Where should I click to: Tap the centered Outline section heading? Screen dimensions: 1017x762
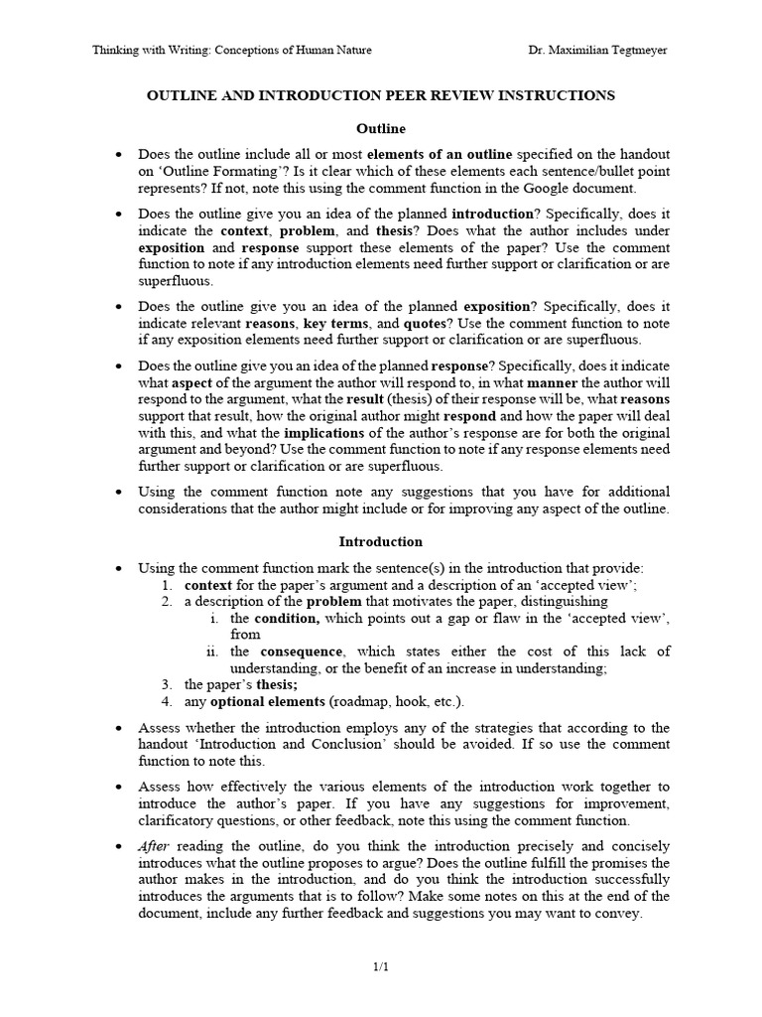tap(381, 129)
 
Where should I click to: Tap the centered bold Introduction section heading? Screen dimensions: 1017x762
tap(381, 542)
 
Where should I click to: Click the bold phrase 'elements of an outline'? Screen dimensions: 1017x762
tap(440, 155)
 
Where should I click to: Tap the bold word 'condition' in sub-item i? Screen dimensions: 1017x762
tap(290, 619)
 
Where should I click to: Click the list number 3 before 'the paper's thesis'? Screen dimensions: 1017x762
tap(167, 685)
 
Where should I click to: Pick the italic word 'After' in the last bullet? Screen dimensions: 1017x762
tap(155, 846)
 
